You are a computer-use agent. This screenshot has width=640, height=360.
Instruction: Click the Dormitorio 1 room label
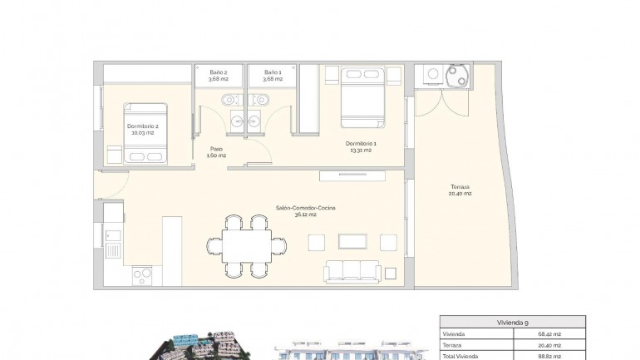[x=362, y=144]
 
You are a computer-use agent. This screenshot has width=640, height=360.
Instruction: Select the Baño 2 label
[x=219, y=73]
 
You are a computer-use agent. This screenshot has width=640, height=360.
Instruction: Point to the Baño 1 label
[x=273, y=73]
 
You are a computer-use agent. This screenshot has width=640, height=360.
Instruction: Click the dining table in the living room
[x=245, y=245]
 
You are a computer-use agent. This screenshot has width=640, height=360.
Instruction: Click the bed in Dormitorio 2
[x=146, y=133]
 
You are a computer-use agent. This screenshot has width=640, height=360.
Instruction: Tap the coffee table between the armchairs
[x=353, y=242]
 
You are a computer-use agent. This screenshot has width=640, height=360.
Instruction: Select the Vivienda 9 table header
[x=512, y=322]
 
